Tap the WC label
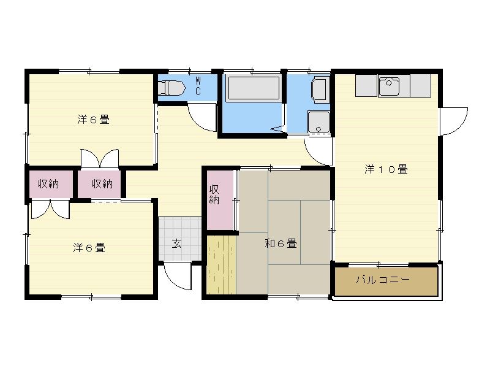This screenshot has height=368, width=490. click(198, 86)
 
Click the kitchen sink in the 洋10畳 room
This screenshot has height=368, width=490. click(389, 86)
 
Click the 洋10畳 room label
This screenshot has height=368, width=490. click(386, 170)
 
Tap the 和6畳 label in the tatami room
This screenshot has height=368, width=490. click(281, 243)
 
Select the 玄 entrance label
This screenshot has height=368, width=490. click(176, 243)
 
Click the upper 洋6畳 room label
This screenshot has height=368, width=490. click(93, 120)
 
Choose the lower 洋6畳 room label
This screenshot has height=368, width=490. click(89, 248)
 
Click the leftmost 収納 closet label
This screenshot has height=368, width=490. click(48, 183)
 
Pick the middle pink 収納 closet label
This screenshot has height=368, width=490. click(102, 183)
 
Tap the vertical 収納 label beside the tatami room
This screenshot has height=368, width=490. click(214, 194)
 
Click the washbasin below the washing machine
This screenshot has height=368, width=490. click(318, 121)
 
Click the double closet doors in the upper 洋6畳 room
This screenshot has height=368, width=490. click(99, 158)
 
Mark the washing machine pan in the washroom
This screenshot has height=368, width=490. click(320, 90)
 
